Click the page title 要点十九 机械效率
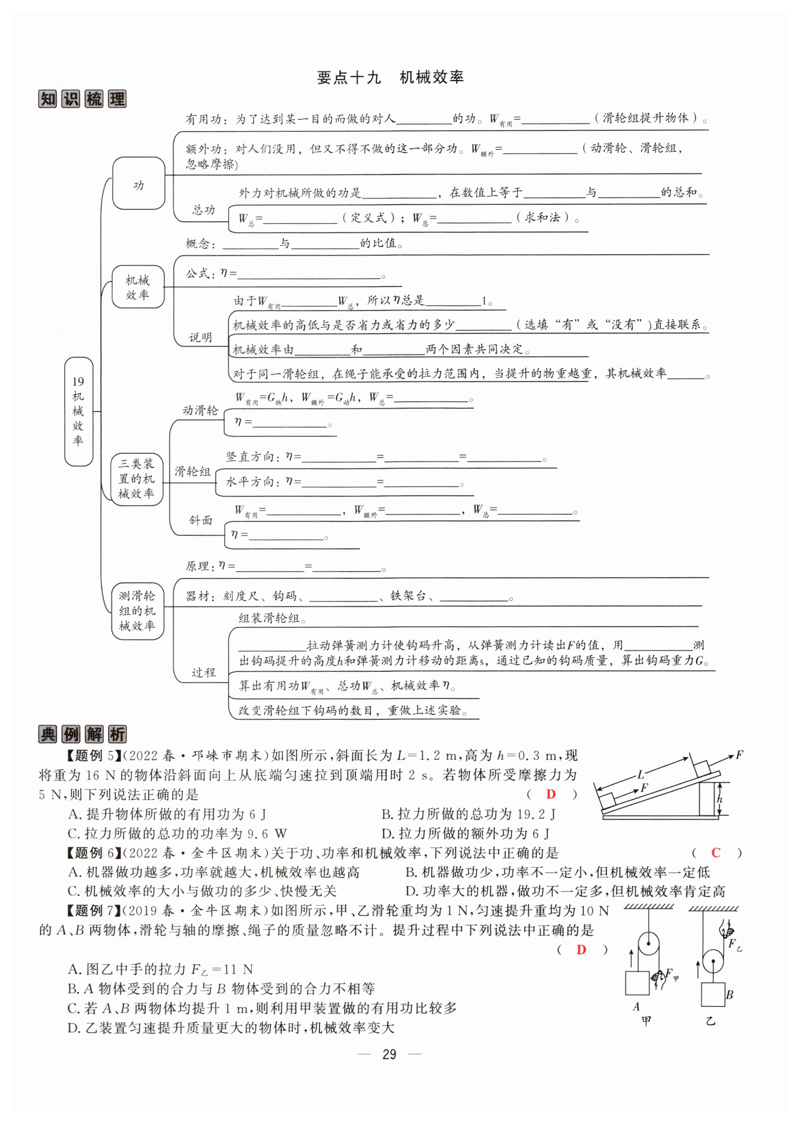coord(390,77)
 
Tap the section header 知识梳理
coord(82,99)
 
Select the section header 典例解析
coord(82,734)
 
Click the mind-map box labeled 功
coord(139,183)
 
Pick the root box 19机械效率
coord(79,411)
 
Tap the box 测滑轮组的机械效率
coord(137,611)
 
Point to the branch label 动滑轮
coord(200,411)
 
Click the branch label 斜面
coord(201,520)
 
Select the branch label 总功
coord(203,210)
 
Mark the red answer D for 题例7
coord(581,950)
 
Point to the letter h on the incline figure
coord(719,799)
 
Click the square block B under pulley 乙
coord(712,994)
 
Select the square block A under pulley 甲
coord(637,983)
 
